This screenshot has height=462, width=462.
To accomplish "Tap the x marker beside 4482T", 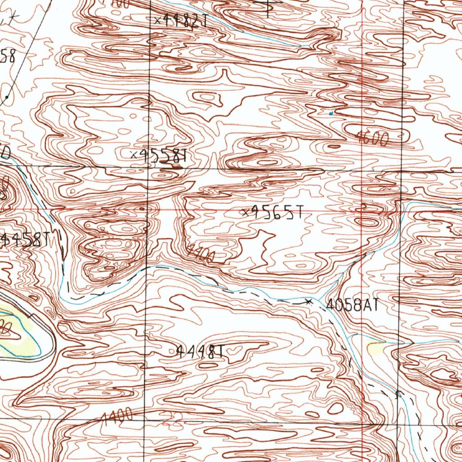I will tap(157, 20).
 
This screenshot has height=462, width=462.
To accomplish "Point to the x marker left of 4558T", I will tap(134, 155).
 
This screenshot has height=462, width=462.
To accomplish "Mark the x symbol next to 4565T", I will tap(245, 213).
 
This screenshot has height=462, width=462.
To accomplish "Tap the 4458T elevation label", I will tap(26, 240).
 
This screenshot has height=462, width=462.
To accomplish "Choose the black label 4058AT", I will tap(351, 305).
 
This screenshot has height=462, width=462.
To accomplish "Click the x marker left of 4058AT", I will tap(309, 301).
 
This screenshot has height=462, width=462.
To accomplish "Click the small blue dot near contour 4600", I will tap(331, 113).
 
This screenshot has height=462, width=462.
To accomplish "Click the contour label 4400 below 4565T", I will tap(201, 254).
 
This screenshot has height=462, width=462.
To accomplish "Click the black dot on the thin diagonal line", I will tap(7, 97).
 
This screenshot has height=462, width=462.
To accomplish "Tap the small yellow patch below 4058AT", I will tap(375, 348).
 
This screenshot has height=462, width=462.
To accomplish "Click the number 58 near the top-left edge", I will tap(8, 58).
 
